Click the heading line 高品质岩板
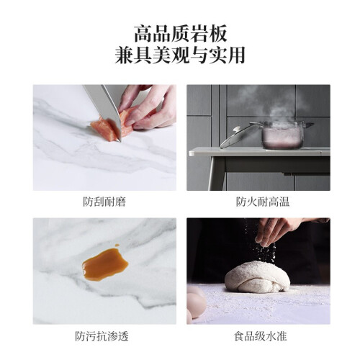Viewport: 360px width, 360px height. tap(180, 34)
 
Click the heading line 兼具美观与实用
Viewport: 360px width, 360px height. tap(180, 55)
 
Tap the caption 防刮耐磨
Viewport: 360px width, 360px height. tap(104, 202)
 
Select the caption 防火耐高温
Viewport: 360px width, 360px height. tap(263, 202)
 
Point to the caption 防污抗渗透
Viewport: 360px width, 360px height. tap(102, 336)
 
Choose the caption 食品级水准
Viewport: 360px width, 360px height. tap(261, 336)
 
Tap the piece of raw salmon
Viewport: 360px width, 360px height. tap(113, 125)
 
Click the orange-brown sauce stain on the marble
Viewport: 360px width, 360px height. tap(105, 264)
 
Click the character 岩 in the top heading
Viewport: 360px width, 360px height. tap(199, 34)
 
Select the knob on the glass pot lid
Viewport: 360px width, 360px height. tap(236, 129)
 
